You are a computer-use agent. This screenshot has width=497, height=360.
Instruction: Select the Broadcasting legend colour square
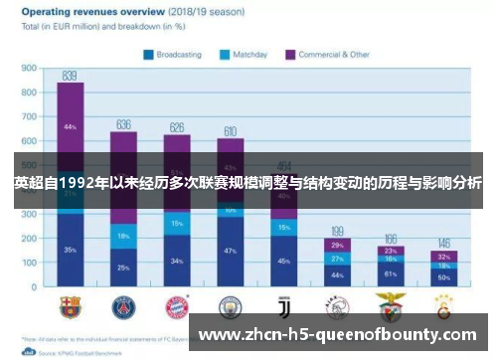pyautogui.click(x=148, y=56)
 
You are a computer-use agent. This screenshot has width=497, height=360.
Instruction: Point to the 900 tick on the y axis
pyautogui.click(x=27, y=70)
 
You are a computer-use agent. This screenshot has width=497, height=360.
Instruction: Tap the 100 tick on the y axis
pyautogui.click(x=27, y=265)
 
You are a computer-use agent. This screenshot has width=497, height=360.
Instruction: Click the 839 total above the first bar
pyautogui.click(x=70, y=75)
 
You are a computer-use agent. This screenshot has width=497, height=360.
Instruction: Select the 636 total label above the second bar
pyautogui.click(x=123, y=124)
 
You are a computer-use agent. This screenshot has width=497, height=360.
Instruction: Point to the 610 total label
pyautogui.click(x=230, y=130)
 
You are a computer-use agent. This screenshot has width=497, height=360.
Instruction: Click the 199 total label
pyautogui.click(x=337, y=231)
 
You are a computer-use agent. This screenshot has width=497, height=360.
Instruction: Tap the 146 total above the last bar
pyautogui.click(x=444, y=244)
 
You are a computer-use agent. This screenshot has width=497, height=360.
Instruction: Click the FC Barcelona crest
pyautogui.click(x=70, y=305)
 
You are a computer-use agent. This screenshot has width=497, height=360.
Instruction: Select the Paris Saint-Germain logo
pyautogui.click(x=123, y=305)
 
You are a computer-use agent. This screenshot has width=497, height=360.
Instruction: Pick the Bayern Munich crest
pyautogui.click(x=177, y=305)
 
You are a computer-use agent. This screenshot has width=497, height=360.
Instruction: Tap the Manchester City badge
pyautogui.click(x=230, y=305)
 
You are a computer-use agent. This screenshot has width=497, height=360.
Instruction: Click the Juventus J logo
pyautogui.click(x=283, y=305)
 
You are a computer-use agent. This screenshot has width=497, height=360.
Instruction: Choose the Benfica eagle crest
pyautogui.click(x=391, y=305)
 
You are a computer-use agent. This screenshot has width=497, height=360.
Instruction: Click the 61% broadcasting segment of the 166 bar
pyautogui.click(x=391, y=273)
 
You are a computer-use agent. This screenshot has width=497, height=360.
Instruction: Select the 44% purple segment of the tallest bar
pyautogui.click(x=70, y=126)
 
